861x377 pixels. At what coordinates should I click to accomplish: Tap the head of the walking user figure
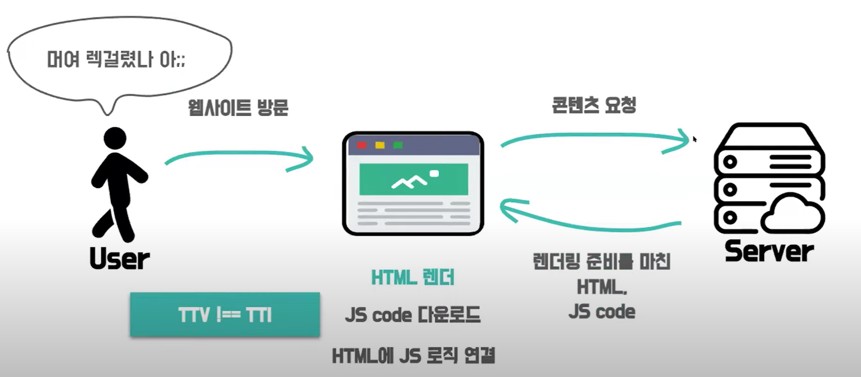point(115,138)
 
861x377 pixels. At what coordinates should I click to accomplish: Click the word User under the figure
point(119,259)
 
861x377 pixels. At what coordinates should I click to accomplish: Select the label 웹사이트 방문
point(238,107)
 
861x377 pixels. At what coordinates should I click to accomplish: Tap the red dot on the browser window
point(362,145)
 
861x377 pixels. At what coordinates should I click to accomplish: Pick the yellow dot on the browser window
point(380,145)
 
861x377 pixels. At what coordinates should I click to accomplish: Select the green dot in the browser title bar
point(398,145)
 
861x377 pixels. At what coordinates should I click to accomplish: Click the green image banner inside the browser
point(414,179)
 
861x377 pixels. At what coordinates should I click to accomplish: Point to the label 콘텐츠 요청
point(594,105)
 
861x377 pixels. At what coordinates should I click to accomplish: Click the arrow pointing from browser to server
point(595,138)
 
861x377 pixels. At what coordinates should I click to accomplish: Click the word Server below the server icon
point(769,251)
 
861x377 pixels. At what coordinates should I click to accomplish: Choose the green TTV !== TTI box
point(225,315)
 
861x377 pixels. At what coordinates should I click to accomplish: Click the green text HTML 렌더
point(413,278)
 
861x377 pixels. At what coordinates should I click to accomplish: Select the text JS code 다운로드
point(413,315)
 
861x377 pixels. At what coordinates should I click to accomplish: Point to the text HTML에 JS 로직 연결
point(413,356)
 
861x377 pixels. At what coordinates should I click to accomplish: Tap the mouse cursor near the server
point(695,139)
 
